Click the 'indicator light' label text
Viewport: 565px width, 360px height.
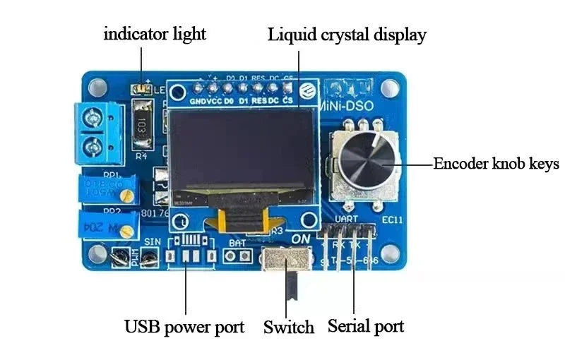point(155,34)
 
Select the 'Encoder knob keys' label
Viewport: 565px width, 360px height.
point(496,164)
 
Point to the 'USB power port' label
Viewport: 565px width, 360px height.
point(184,327)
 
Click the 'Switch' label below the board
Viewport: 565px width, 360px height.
point(288,328)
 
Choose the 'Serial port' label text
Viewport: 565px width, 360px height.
point(366,326)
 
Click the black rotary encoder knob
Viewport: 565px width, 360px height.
point(362,160)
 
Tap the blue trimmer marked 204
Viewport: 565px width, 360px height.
point(108,225)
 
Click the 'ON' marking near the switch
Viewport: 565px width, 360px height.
point(301,239)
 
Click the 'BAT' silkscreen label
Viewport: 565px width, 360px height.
point(238,242)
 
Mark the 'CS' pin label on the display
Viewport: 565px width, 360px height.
point(287,101)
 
